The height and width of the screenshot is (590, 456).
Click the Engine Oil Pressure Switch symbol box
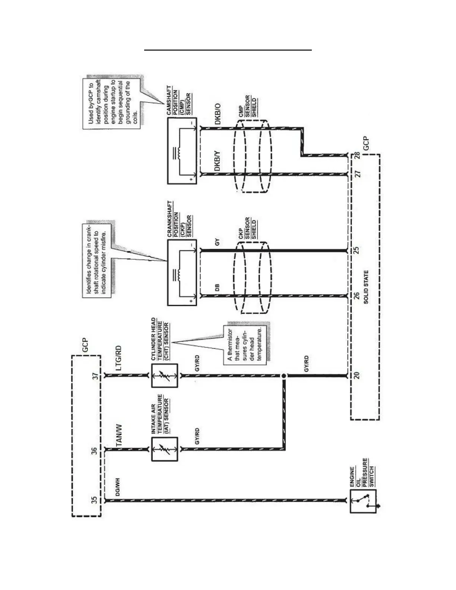363,501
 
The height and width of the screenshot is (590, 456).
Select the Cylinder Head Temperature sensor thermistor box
165,376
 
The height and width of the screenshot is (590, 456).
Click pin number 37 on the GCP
95,376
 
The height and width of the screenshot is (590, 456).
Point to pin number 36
95,451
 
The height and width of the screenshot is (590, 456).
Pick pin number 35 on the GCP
95,499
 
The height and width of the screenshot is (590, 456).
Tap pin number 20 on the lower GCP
357,375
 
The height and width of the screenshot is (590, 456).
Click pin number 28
357,156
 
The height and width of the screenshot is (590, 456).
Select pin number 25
357,250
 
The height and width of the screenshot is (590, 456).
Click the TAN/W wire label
119,435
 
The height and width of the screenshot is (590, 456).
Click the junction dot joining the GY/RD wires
284,376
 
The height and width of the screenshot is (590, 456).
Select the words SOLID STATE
366,287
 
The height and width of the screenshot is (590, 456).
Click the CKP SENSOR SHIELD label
247,228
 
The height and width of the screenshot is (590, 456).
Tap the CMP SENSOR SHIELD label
247,107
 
